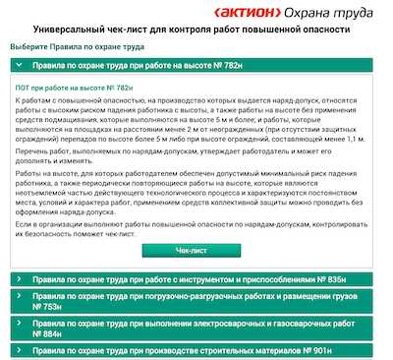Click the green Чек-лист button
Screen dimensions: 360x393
[x=197, y=250]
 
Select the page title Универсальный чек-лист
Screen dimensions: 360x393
[x=196, y=31]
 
